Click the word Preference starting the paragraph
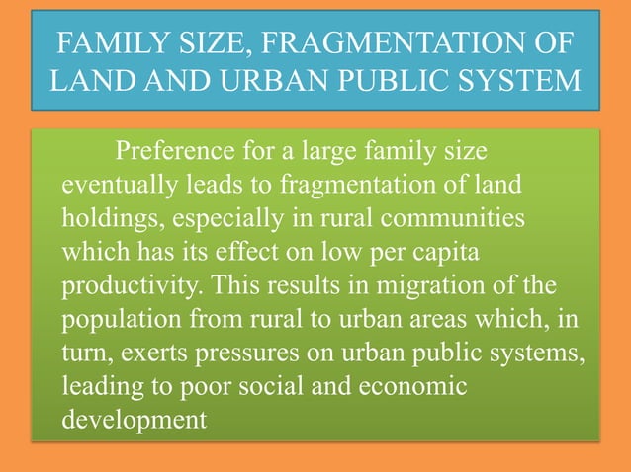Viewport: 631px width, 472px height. (x=178, y=153)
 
